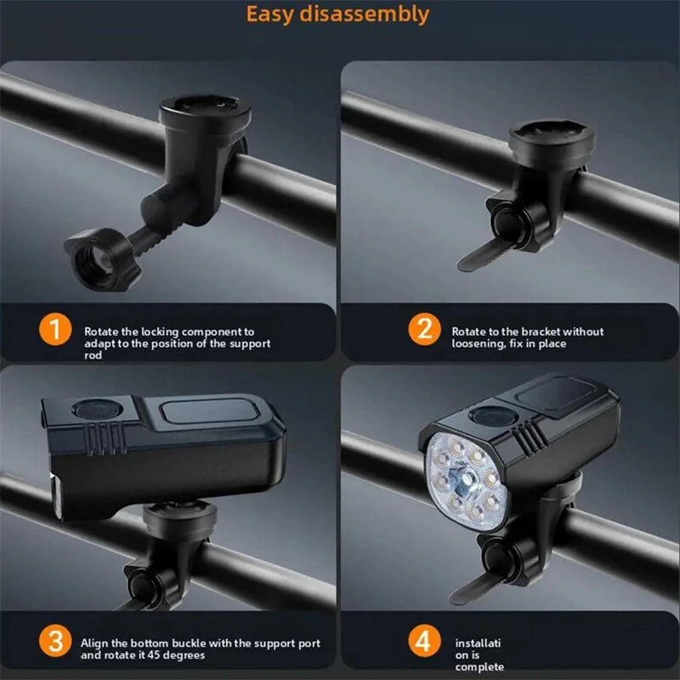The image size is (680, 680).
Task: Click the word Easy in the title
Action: tap(269, 14)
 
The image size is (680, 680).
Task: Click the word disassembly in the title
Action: tap(365, 14)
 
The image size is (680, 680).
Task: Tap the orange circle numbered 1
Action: tap(55, 330)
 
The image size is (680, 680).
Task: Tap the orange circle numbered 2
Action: tap(424, 329)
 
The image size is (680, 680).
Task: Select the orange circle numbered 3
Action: tap(55, 641)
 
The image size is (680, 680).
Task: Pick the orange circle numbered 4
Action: tap(424, 641)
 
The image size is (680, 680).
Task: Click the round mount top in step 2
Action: tap(552, 138)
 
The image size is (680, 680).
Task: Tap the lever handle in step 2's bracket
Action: tap(485, 253)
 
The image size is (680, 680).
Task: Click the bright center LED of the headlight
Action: tap(465, 480)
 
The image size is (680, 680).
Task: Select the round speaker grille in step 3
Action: tap(97, 409)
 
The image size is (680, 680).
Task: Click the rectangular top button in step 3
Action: tap(209, 411)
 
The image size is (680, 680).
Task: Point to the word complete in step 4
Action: tap(479, 666)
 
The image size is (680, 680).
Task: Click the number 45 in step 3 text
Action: tap(154, 654)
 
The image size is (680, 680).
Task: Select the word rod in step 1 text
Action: tap(93, 355)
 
